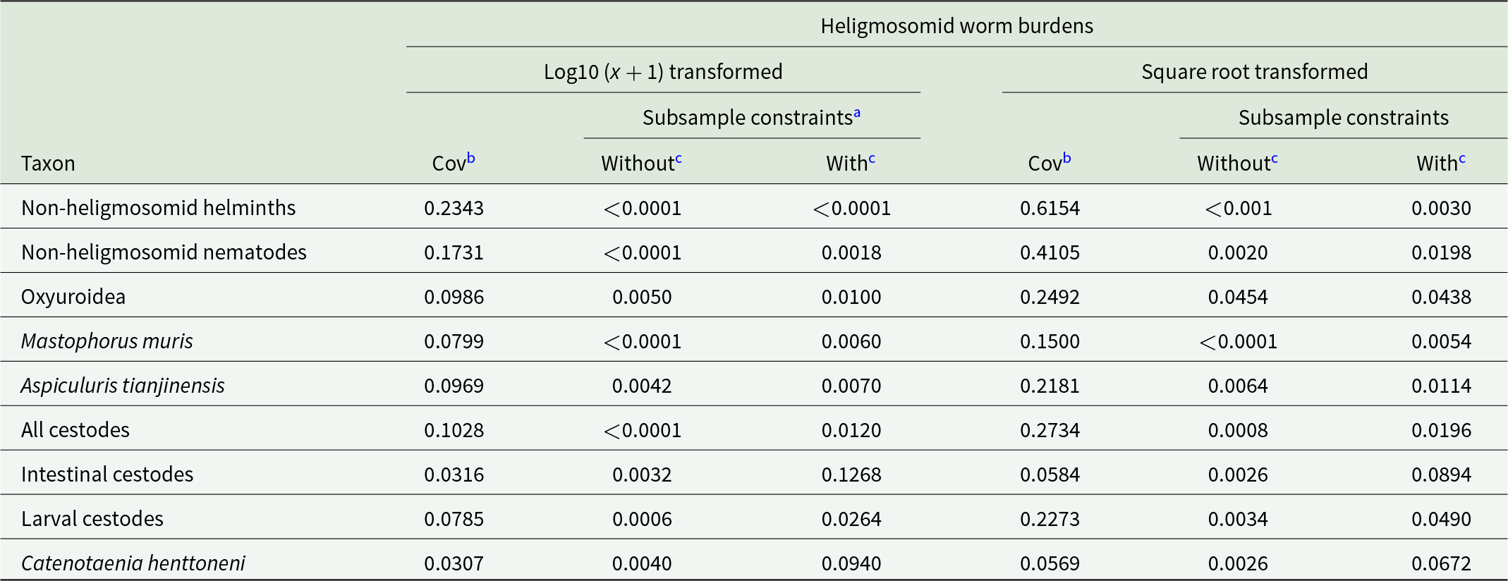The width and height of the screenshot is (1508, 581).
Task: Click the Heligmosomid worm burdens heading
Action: [x=956, y=26]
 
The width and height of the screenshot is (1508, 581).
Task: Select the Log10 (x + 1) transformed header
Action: [x=663, y=72]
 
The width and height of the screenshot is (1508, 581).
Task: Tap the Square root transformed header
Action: [x=1254, y=72]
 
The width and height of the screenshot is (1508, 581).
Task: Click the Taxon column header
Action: [x=48, y=164]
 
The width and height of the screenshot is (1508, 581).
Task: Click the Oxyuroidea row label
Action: [x=73, y=297]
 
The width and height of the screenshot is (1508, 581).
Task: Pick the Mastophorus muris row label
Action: [x=107, y=341]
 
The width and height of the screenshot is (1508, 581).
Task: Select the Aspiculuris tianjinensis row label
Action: [x=123, y=386]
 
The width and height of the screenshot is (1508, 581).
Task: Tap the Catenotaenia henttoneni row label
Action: [x=133, y=563]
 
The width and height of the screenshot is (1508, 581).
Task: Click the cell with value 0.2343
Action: [x=454, y=208]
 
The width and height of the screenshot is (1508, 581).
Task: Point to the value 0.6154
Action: [x=1050, y=208]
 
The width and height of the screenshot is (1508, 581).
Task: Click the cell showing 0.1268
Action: [x=851, y=475]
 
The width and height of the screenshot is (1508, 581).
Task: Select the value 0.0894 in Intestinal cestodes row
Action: [x=1441, y=475]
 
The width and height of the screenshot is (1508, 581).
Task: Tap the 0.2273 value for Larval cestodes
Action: [x=1050, y=519]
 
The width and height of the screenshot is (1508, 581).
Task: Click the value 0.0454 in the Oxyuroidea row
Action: [x=1238, y=297]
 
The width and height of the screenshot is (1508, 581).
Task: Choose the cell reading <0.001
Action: [x=1238, y=208]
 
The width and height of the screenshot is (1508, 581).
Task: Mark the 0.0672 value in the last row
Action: [x=1441, y=563]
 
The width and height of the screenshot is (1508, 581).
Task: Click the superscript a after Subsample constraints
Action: [x=857, y=112]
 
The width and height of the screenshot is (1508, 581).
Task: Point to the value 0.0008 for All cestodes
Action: [x=1238, y=430]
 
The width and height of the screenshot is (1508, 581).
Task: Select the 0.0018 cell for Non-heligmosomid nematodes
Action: [x=851, y=252]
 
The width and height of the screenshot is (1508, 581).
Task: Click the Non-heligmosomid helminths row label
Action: [x=159, y=208]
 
